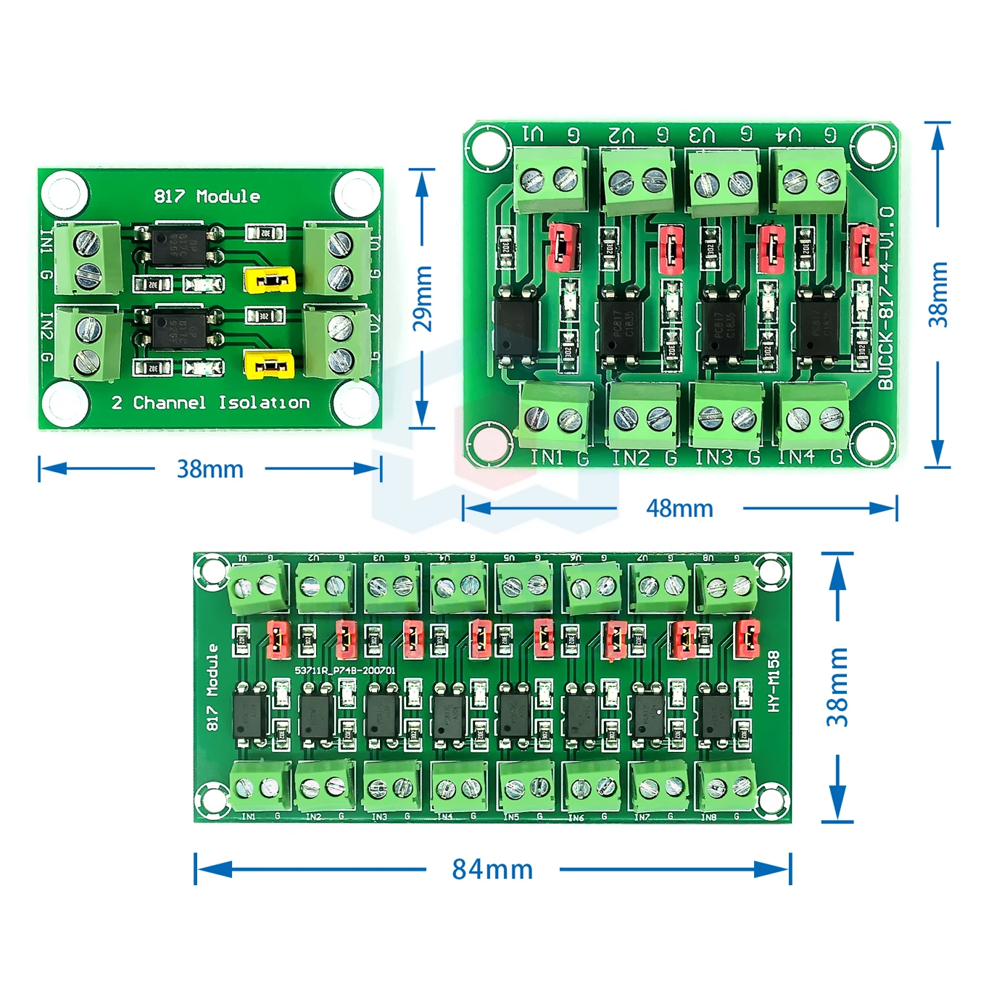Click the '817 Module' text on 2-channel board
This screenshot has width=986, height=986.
coord(207,196)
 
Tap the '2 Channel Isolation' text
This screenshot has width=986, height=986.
coord(210,402)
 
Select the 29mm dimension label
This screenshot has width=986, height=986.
coord(423,298)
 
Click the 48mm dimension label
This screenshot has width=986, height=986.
coord(679,508)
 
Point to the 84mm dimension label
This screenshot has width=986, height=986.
coord(492,869)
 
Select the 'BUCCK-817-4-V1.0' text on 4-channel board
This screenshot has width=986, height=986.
coord(885,297)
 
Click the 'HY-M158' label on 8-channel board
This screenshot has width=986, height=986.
coord(774,681)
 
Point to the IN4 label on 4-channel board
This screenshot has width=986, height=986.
coord(796,457)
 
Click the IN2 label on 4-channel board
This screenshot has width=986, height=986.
coord(630,458)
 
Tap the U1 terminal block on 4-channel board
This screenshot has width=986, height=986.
coord(550,181)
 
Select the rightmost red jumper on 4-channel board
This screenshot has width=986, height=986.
coord(863,247)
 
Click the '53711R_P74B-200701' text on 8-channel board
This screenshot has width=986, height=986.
coord(345,670)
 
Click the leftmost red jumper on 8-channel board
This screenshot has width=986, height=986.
coord(278,639)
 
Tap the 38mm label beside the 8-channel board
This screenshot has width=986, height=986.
coord(837,687)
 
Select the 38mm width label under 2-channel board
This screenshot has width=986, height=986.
coord(210,469)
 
